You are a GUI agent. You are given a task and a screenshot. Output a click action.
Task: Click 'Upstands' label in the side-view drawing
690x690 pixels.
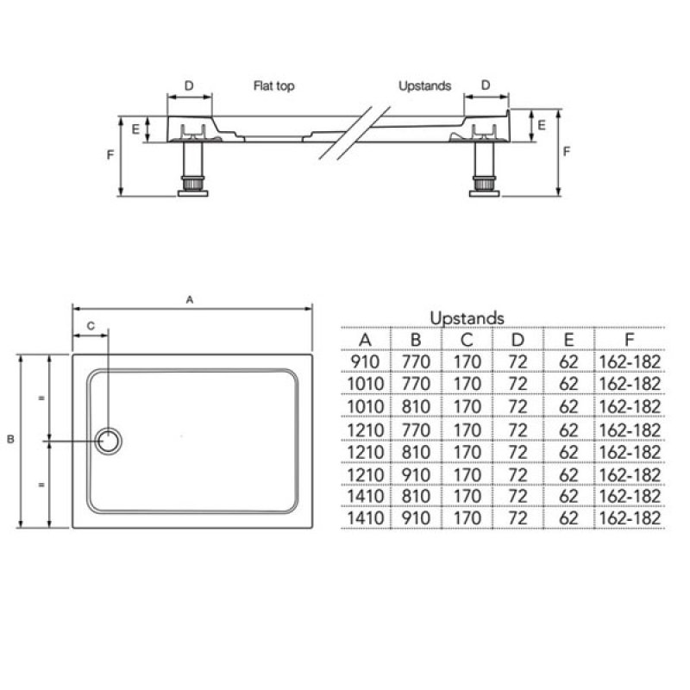[x=424, y=86]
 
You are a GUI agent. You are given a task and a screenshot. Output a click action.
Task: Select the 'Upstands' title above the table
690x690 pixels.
[x=467, y=318]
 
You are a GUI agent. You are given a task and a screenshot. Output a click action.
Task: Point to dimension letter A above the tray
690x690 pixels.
[x=190, y=298]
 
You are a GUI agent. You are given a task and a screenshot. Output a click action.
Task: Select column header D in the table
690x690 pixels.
[x=517, y=339]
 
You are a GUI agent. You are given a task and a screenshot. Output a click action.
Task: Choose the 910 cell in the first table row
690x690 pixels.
[x=366, y=361]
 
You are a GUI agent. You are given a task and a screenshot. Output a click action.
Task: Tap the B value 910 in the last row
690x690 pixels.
[x=416, y=518]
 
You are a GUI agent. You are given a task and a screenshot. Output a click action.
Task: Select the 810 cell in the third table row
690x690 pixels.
[x=416, y=406]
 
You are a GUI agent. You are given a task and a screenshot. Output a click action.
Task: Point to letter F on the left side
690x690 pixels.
[x=110, y=155]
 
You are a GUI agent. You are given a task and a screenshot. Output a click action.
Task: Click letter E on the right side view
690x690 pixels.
[x=542, y=125]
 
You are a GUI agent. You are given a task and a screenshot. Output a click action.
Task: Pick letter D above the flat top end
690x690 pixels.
[x=189, y=85]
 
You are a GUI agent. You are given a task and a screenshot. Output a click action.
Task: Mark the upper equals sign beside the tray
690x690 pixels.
[x=41, y=398]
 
